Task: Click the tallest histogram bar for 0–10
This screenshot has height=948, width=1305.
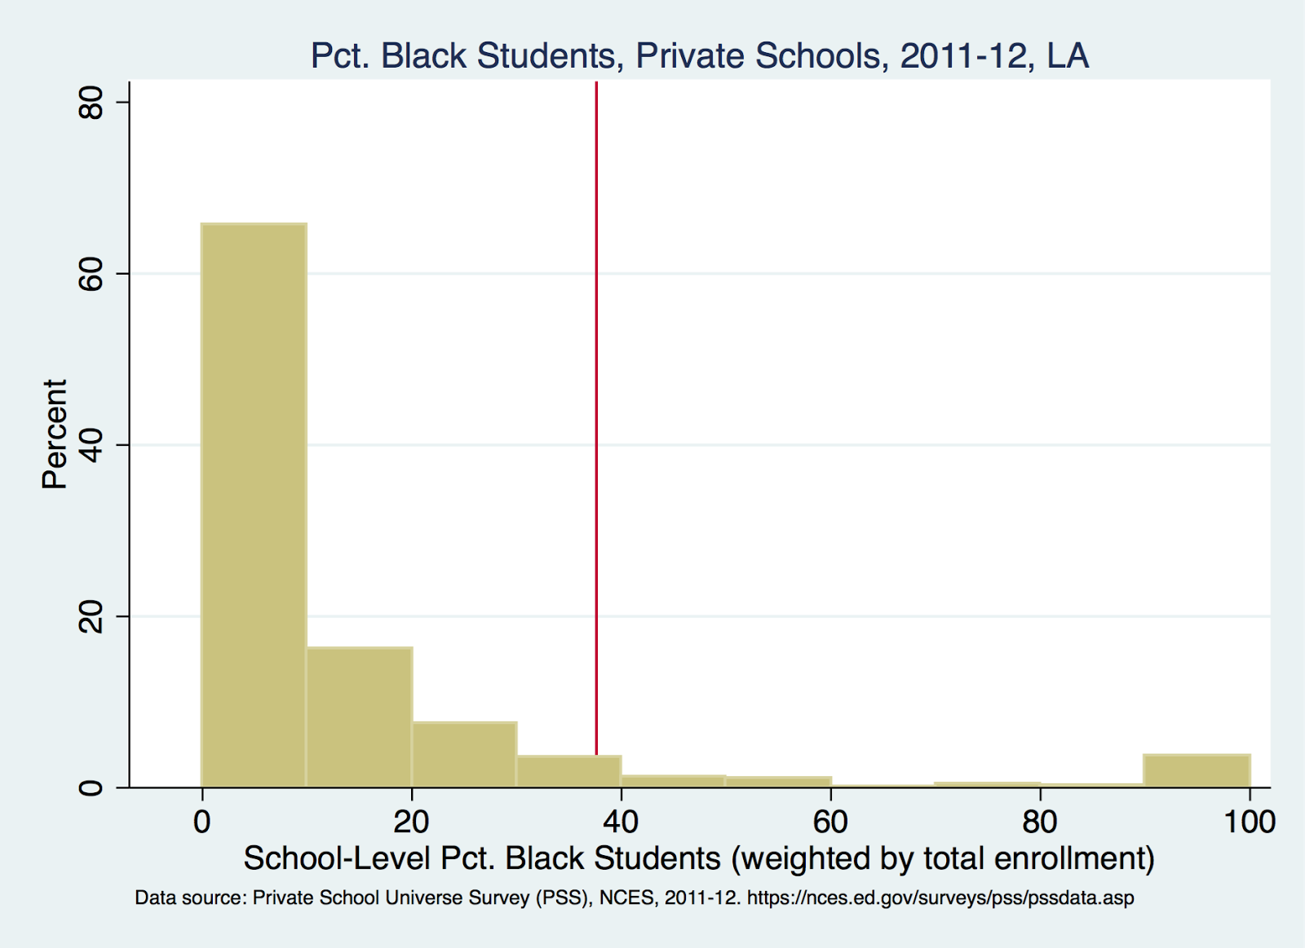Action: [254, 505]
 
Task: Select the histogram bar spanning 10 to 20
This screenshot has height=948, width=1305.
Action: [359, 717]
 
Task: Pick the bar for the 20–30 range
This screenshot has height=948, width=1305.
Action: [464, 755]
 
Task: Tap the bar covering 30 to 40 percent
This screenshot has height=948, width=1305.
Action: [568, 771]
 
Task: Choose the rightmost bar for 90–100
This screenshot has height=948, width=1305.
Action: [1197, 771]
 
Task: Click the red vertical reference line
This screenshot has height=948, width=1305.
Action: [596, 408]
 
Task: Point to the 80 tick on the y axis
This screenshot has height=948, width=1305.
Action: [91, 103]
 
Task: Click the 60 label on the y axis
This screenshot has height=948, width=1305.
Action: [91, 274]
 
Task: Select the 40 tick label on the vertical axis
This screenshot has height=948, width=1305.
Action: [91, 445]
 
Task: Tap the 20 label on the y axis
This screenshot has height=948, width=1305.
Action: [91, 616]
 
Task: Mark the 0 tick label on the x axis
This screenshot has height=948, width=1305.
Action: [202, 822]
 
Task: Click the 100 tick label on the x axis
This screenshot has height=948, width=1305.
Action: [1249, 822]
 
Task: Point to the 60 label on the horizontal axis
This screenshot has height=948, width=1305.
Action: [830, 822]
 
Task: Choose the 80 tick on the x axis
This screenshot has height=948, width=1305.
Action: [1040, 822]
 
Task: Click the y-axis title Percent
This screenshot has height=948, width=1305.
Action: [55, 434]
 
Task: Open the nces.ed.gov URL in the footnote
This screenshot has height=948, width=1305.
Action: [940, 898]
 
